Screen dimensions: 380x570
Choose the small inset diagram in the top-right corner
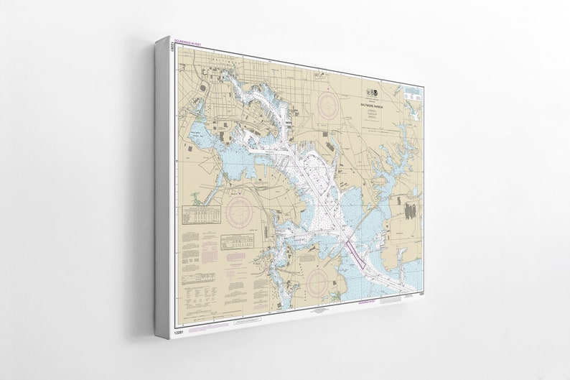(x=411, y=96)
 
